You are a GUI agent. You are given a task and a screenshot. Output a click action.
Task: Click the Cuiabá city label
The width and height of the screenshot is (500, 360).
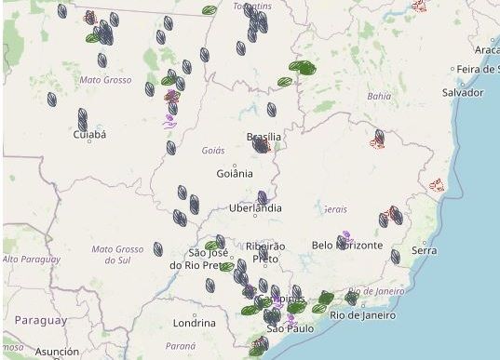click(x=89, y=135)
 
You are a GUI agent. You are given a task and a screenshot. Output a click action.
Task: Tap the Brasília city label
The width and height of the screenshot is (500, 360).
click(x=264, y=137)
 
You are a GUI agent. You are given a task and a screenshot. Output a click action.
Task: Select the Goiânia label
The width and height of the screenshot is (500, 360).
click(x=234, y=173)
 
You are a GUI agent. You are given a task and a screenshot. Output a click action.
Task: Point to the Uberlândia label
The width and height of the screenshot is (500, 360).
click(x=255, y=208)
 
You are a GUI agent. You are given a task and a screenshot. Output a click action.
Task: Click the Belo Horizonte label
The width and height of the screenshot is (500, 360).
click(x=347, y=245)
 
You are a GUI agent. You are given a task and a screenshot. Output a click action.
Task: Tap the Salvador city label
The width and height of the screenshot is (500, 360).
click(x=463, y=93)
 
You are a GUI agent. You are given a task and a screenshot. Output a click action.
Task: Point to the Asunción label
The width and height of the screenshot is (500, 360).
click(x=57, y=352)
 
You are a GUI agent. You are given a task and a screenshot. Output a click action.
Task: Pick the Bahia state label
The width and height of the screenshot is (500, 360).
click(x=379, y=96)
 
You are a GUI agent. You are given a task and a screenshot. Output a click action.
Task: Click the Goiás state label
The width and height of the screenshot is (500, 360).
click(x=213, y=150)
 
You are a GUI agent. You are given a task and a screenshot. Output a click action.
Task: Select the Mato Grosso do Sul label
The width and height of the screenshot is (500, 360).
click(x=117, y=254)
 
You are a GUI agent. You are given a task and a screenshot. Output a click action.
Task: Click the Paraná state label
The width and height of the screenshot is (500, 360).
click(x=182, y=345)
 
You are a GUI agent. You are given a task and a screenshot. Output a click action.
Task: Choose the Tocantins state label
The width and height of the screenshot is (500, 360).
click(x=245, y=6)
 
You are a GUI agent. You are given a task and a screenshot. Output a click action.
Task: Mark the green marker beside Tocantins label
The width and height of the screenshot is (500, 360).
click(x=209, y=10)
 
